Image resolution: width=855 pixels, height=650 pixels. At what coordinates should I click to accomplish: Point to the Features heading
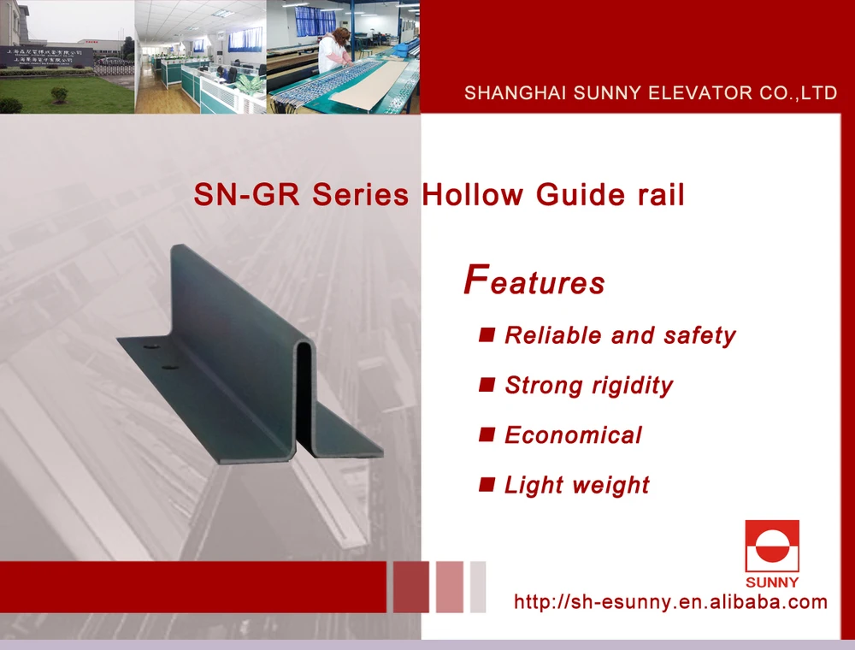pyautogui.click(x=534, y=282)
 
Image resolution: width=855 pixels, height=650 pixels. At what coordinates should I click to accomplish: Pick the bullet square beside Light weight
pyautogui.click(x=486, y=484)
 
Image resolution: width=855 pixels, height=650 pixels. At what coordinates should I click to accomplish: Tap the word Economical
pyautogui.click(x=573, y=435)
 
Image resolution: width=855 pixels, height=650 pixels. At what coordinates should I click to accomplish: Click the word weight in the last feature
pyautogui.click(x=612, y=486)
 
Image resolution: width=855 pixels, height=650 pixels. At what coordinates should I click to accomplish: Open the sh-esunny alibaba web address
pyautogui.click(x=670, y=602)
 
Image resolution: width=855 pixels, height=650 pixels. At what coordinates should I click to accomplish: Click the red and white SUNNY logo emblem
pyautogui.click(x=772, y=546)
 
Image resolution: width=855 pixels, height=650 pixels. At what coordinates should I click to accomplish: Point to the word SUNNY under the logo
pyautogui.click(x=772, y=582)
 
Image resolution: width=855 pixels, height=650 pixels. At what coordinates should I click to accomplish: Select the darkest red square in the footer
pyautogui.click(x=410, y=587)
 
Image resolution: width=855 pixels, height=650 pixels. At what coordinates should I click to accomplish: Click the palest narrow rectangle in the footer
pyautogui.click(x=478, y=587)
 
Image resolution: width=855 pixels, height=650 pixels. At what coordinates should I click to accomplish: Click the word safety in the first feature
pyautogui.click(x=699, y=335)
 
